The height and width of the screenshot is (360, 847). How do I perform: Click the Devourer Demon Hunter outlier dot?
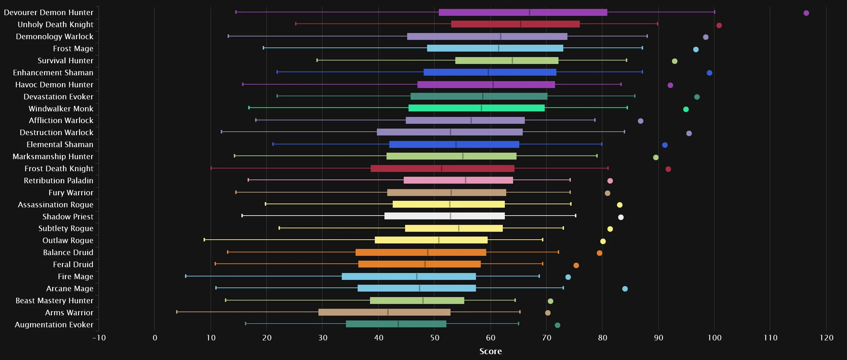click(806, 13)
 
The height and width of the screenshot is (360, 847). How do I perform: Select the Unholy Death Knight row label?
click(55, 24)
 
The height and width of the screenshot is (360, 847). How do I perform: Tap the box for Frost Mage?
click(495, 48)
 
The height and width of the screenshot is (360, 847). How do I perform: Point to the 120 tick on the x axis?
click(826, 338)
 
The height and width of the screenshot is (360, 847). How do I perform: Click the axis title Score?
click(490, 351)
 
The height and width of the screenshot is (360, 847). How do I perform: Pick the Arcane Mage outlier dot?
click(625, 289)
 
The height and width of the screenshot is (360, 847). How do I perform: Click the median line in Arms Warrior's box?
click(388, 312)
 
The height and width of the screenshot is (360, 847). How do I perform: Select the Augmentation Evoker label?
click(54, 325)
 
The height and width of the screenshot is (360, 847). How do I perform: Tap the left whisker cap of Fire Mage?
click(186, 276)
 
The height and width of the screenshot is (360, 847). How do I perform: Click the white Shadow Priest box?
click(444, 216)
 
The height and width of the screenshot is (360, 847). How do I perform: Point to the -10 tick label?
click(99, 338)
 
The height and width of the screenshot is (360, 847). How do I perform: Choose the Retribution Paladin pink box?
click(458, 180)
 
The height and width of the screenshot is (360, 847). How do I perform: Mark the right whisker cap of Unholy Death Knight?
click(658, 24)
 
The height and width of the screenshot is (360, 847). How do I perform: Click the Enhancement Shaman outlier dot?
click(709, 73)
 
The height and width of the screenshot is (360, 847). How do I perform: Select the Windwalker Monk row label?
click(61, 109)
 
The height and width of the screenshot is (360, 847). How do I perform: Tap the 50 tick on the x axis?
click(435, 338)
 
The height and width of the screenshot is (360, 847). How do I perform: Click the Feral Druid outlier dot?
click(576, 265)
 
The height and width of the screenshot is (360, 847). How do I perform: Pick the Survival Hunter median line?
click(512, 61)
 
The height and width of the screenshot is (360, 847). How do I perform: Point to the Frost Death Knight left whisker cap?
click(211, 168)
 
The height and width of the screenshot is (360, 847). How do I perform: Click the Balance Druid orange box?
click(421, 252)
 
